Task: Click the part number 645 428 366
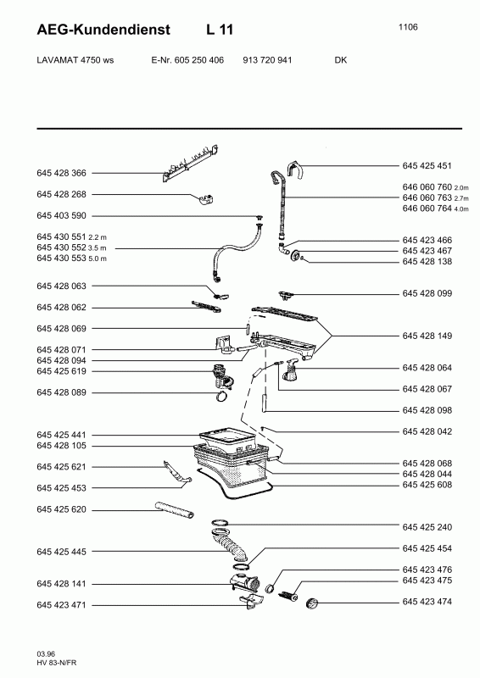coord(61,173)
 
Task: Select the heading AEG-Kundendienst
coord(103,30)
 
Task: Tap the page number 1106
coord(408,27)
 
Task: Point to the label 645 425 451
coord(427,165)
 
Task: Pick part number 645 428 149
coord(427,336)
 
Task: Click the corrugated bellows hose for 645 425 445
coord(231,546)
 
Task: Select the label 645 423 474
coord(427,602)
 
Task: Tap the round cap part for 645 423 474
coord(311,603)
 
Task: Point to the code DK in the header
coord(341,60)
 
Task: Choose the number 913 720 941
coord(267,60)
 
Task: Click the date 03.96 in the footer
coord(46,653)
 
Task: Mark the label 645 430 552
coord(61,247)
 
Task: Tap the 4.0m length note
coord(461,209)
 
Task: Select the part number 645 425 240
coord(427,527)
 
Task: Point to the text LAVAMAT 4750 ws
coord(75,60)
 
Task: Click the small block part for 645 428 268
coord(206,199)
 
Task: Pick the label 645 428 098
coord(427,410)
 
